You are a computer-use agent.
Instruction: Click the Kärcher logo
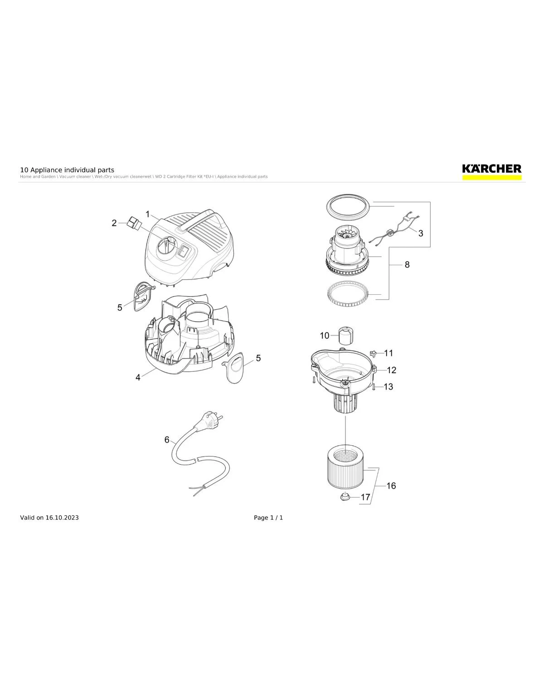coord(491,170)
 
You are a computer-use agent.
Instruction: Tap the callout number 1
coord(148,214)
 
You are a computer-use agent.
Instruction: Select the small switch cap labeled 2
coord(133,223)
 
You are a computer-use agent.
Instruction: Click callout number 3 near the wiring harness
coord(421,233)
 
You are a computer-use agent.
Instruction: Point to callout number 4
coord(138,377)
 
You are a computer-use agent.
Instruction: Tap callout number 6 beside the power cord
coord(167,440)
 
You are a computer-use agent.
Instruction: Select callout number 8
coord(407,264)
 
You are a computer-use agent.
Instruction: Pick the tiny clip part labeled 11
coord(374,353)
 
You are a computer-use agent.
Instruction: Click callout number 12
coord(391,370)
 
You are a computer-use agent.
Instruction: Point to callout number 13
coord(389,387)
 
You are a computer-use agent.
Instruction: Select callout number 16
coord(391,486)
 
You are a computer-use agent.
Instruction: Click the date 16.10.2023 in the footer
coord(62,518)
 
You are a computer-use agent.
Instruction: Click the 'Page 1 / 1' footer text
coord(268,518)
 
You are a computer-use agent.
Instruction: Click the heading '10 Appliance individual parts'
coord(67,170)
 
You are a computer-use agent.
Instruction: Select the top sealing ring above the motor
coord(348,207)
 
